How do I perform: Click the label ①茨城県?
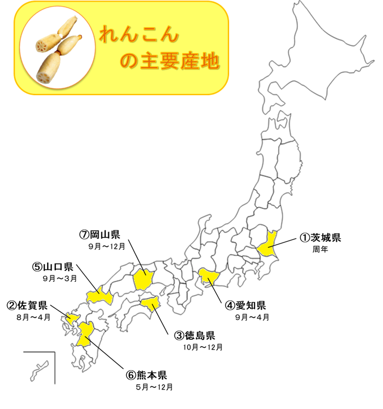tap(321, 238)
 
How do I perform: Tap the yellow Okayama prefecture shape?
tap(144, 279)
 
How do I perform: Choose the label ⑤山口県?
tap(53, 267)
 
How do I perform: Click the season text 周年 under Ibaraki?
tap(320, 249)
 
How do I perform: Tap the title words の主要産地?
tap(169, 61)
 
